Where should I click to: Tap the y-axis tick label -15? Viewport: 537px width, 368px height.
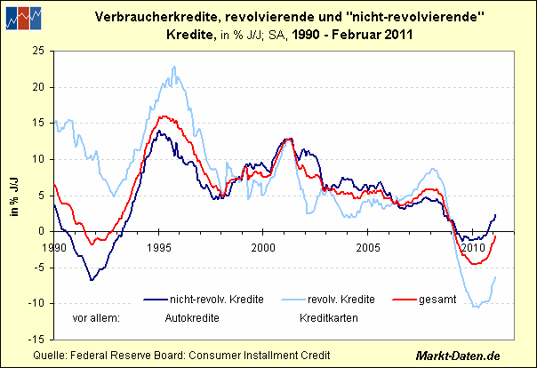click(x=39, y=340)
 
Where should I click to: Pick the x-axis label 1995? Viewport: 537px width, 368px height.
click(x=159, y=245)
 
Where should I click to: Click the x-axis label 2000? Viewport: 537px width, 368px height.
click(x=263, y=245)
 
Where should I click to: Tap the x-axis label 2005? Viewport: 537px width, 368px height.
click(x=367, y=245)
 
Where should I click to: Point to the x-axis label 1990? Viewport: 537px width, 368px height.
click(x=56, y=245)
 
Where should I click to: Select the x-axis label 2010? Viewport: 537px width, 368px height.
click(x=471, y=245)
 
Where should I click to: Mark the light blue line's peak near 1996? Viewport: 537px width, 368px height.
click(x=180, y=79)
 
